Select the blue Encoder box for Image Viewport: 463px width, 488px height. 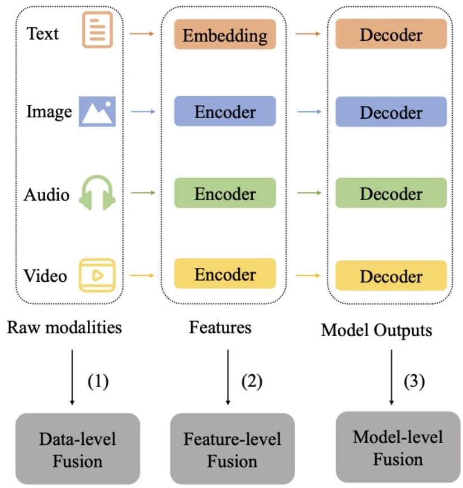click(225, 111)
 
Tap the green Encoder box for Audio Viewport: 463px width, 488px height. click(225, 194)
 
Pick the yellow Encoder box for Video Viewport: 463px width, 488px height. click(225, 275)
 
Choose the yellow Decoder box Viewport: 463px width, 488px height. click(391, 276)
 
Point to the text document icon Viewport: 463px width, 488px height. click(97, 30)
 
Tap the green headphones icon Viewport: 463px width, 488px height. click(97, 193)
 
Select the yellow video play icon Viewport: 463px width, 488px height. click(97, 275)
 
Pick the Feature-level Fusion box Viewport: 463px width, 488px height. click(232, 449)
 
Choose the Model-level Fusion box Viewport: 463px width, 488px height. click(390, 447)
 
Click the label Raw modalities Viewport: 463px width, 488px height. click(64, 328)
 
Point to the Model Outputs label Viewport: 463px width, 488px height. click(376, 331)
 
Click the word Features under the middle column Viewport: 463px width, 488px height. click(220, 328)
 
